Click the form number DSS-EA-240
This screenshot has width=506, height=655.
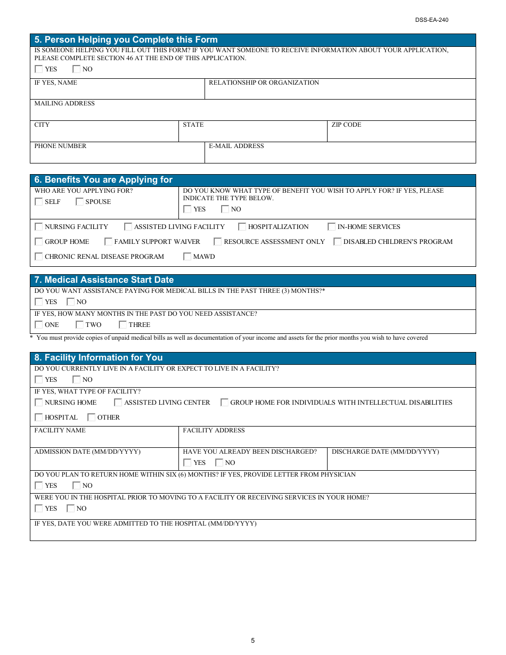click(432, 20)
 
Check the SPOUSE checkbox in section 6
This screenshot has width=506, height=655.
click(80, 202)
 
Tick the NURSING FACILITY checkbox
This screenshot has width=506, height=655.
click(39, 227)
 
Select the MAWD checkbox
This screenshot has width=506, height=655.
click(187, 257)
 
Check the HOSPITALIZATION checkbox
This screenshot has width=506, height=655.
click(242, 227)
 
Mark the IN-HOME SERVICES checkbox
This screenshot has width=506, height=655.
click(332, 227)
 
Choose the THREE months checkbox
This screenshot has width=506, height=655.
click(123, 325)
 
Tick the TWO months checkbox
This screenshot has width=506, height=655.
click(80, 325)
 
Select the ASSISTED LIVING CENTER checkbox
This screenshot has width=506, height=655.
click(118, 403)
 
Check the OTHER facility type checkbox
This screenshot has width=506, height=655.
click(92, 417)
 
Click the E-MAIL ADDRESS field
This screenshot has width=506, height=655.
click(340, 155)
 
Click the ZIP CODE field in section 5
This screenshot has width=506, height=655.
click(401, 134)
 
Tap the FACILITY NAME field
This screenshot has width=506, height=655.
click(104, 440)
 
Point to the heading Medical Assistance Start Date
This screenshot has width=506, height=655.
click(104, 280)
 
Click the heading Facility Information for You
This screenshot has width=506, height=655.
click(99, 358)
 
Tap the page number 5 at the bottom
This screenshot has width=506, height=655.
click(253, 641)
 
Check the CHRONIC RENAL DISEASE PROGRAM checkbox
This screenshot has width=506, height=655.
click(39, 257)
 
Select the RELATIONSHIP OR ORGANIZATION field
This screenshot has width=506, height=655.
click(340, 92)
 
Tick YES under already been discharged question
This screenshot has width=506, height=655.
click(187, 463)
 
